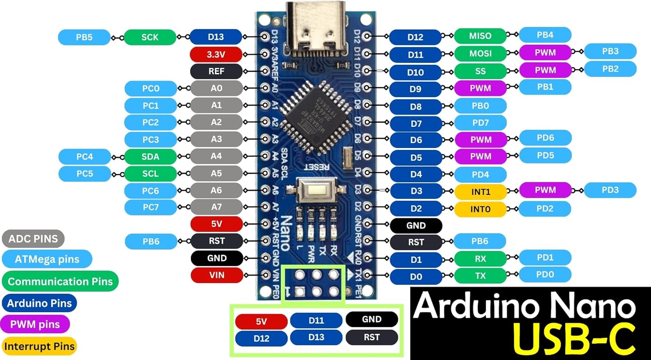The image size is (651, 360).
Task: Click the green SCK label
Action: click(x=150, y=37)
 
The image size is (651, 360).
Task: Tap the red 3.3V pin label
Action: click(x=216, y=54)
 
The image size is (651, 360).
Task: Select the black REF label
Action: click(x=216, y=71)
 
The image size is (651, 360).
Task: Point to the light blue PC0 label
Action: click(x=151, y=89)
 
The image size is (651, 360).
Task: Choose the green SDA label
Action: click(x=150, y=157)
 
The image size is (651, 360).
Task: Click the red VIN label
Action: click(x=217, y=275)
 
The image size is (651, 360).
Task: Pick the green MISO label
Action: click(x=480, y=36)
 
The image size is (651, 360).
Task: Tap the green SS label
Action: click(x=480, y=71)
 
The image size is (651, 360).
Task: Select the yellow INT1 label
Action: click(x=480, y=192)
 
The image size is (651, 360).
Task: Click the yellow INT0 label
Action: click(x=480, y=209)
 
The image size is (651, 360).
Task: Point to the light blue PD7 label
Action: click(x=480, y=123)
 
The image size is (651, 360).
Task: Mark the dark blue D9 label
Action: click(x=415, y=89)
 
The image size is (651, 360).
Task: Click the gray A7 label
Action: click(x=216, y=207)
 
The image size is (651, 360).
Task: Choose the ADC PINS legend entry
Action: click(x=33, y=238)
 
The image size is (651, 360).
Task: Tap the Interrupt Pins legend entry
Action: click(x=39, y=347)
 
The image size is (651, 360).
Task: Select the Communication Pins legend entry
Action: click(x=60, y=281)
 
